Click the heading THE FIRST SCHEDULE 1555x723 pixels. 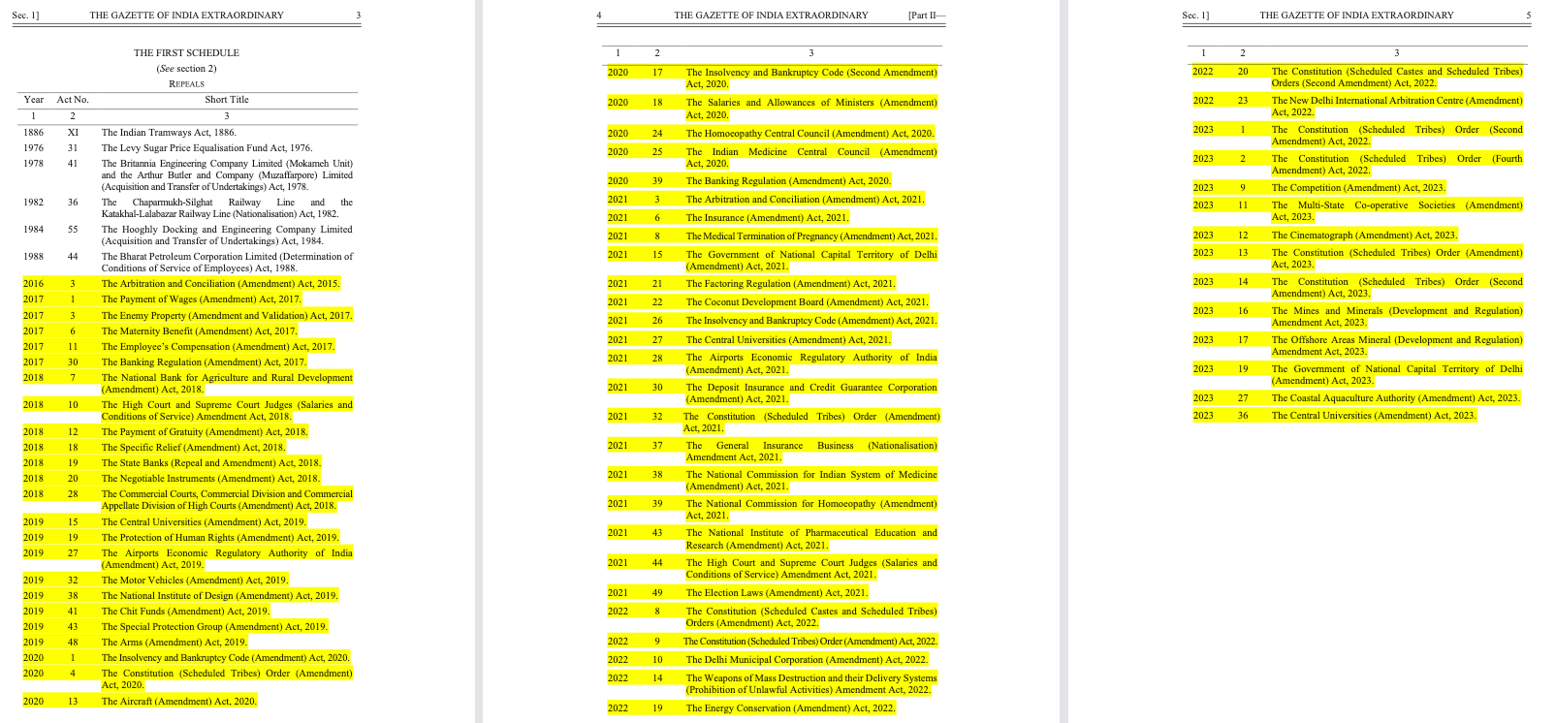186,52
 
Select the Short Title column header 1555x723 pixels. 226,99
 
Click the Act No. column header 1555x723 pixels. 73,99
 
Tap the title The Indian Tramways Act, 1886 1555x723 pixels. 169,133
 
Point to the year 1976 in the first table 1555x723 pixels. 33,148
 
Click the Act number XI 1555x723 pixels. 73,133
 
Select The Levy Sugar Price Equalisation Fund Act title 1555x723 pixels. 206,148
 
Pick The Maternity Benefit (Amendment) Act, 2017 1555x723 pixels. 199,330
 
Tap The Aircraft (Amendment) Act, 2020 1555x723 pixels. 178,701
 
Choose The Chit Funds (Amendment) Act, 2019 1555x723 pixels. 185,612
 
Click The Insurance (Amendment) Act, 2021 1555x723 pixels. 767,218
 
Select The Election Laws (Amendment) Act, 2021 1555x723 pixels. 777,592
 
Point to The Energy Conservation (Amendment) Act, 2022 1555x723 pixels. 790,707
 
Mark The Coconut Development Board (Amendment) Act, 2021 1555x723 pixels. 807,301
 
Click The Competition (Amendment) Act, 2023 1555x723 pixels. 1358,188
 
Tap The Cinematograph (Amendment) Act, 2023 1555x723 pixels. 1364,235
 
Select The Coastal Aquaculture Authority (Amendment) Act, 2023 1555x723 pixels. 1395,397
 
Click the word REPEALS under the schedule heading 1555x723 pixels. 186,83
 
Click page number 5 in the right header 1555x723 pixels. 1528,16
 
